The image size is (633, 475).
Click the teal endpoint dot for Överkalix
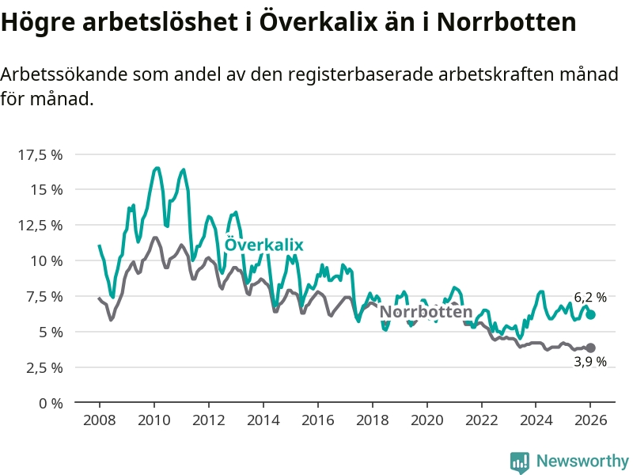coord(590,314)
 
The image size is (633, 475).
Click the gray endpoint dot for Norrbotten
coord(590,348)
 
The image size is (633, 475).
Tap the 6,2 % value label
coord(590,298)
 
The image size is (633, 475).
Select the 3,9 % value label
coord(590,362)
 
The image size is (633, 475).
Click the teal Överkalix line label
coord(264,245)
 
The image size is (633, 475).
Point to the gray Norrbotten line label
coord(426,312)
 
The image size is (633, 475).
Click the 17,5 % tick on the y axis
coord(40,154)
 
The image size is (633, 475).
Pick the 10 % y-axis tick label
coord(46,260)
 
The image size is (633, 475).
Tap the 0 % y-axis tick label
coord(50,403)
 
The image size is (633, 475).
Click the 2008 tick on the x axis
coord(99,420)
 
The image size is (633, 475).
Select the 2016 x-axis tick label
coord(317,420)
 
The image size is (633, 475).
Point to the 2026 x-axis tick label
coord(590,420)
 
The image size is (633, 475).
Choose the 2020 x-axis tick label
coord(426,420)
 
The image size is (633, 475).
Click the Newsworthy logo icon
coord(520,462)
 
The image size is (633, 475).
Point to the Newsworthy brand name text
coord(582,461)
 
